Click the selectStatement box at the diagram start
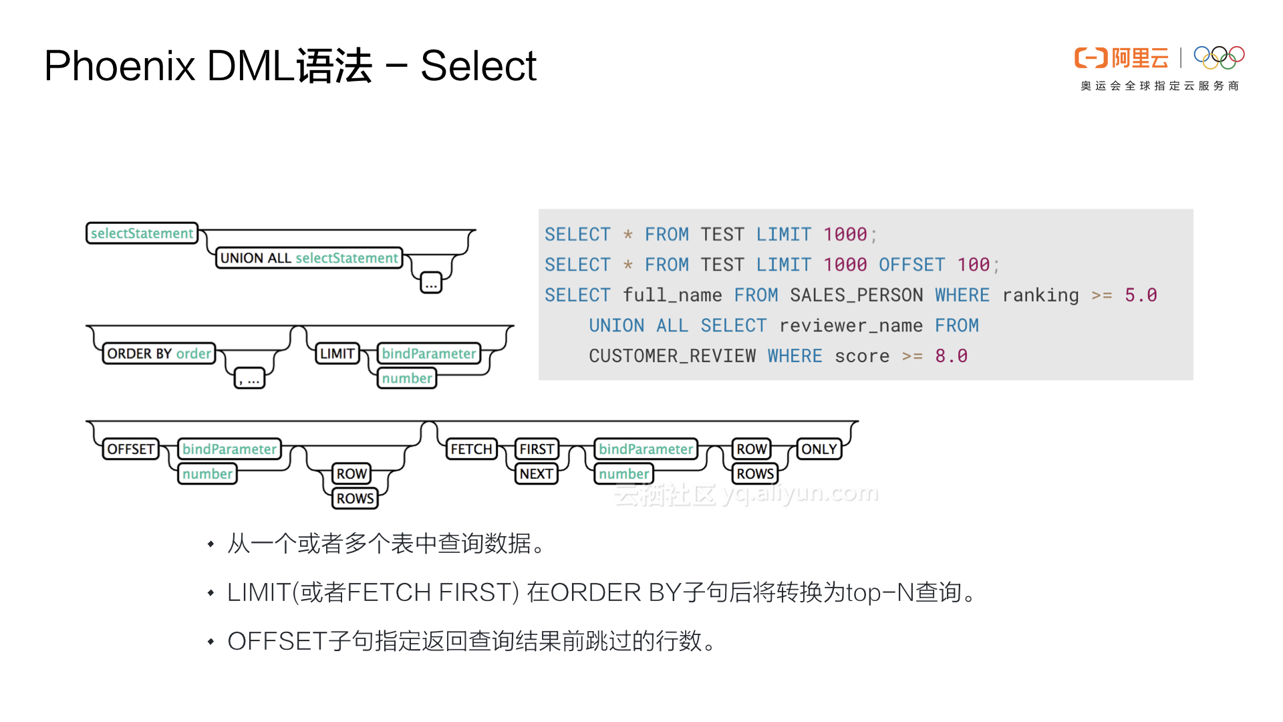pos(142,233)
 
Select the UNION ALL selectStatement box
pos(309,258)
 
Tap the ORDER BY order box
pos(159,354)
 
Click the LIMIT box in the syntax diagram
pos(337,354)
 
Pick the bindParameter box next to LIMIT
pos(429,354)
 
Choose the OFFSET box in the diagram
pos(131,449)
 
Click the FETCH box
pos(471,449)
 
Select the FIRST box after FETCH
pos(537,449)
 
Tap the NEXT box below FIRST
pos(537,474)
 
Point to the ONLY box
pos(819,449)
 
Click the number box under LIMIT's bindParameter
pos(407,378)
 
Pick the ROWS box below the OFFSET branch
pos(355,499)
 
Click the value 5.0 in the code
pos(1141,295)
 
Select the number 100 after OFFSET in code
pos(973,265)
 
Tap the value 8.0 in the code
pos(951,356)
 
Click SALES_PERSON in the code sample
pos(856,295)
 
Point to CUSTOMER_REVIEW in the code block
pos(672,356)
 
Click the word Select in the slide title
pos(478,66)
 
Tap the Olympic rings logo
pos(1219,57)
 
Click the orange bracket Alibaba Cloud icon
pos(1091,58)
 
